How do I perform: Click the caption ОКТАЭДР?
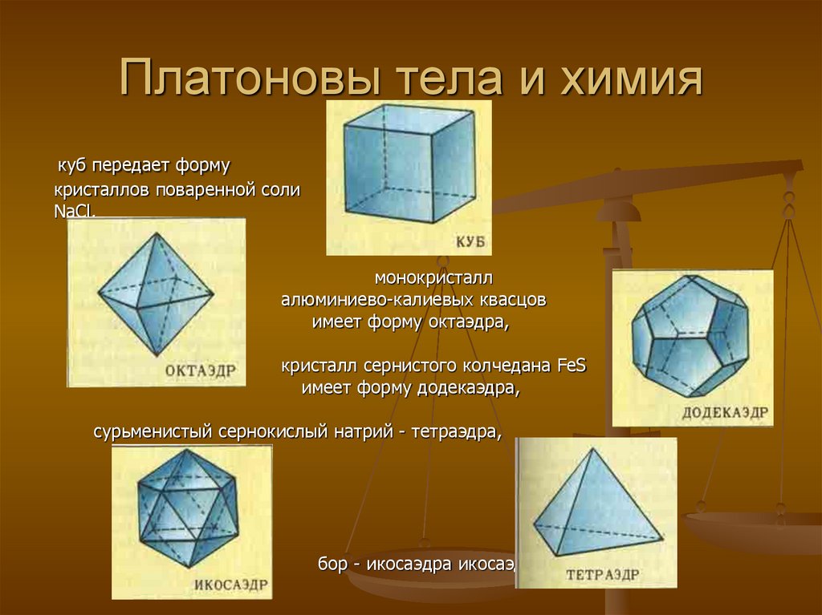click(200, 370)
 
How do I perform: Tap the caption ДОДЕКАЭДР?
click(725, 412)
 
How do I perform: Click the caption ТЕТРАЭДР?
click(602, 574)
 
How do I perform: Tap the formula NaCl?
click(74, 211)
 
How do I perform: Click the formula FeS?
click(571, 366)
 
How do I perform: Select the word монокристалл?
click(433, 278)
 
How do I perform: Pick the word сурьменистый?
click(153, 432)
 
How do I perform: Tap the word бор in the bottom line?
click(332, 564)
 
